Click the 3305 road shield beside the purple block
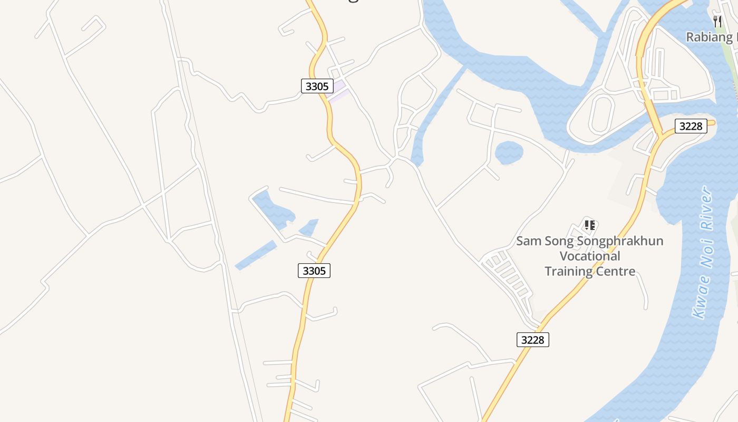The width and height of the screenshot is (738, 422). (317, 86)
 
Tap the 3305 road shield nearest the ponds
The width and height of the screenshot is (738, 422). (314, 271)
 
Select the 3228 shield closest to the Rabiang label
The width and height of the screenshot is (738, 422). (691, 126)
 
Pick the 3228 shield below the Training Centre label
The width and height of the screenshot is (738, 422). (532, 340)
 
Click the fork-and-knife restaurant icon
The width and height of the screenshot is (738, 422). (717, 21)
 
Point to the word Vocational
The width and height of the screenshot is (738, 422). (589, 256)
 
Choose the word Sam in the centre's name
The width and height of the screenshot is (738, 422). (528, 241)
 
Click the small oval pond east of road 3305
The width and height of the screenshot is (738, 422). (509, 152)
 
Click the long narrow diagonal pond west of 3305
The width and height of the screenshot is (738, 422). (256, 255)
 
